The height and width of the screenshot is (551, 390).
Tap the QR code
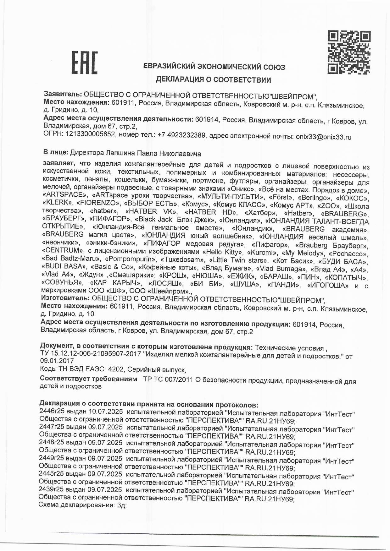coord(349,52)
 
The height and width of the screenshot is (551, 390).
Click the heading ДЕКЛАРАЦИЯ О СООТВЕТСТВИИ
coord(213,80)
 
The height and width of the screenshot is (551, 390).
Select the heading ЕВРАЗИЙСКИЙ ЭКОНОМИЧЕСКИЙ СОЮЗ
coord(214,67)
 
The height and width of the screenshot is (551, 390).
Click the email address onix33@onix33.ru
coord(323,137)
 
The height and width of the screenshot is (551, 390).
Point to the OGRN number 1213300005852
coord(89,135)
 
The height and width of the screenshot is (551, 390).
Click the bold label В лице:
coord(56,153)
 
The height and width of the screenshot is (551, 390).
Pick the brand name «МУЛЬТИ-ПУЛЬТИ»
coord(230,197)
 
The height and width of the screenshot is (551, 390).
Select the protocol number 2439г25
coord(51,489)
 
